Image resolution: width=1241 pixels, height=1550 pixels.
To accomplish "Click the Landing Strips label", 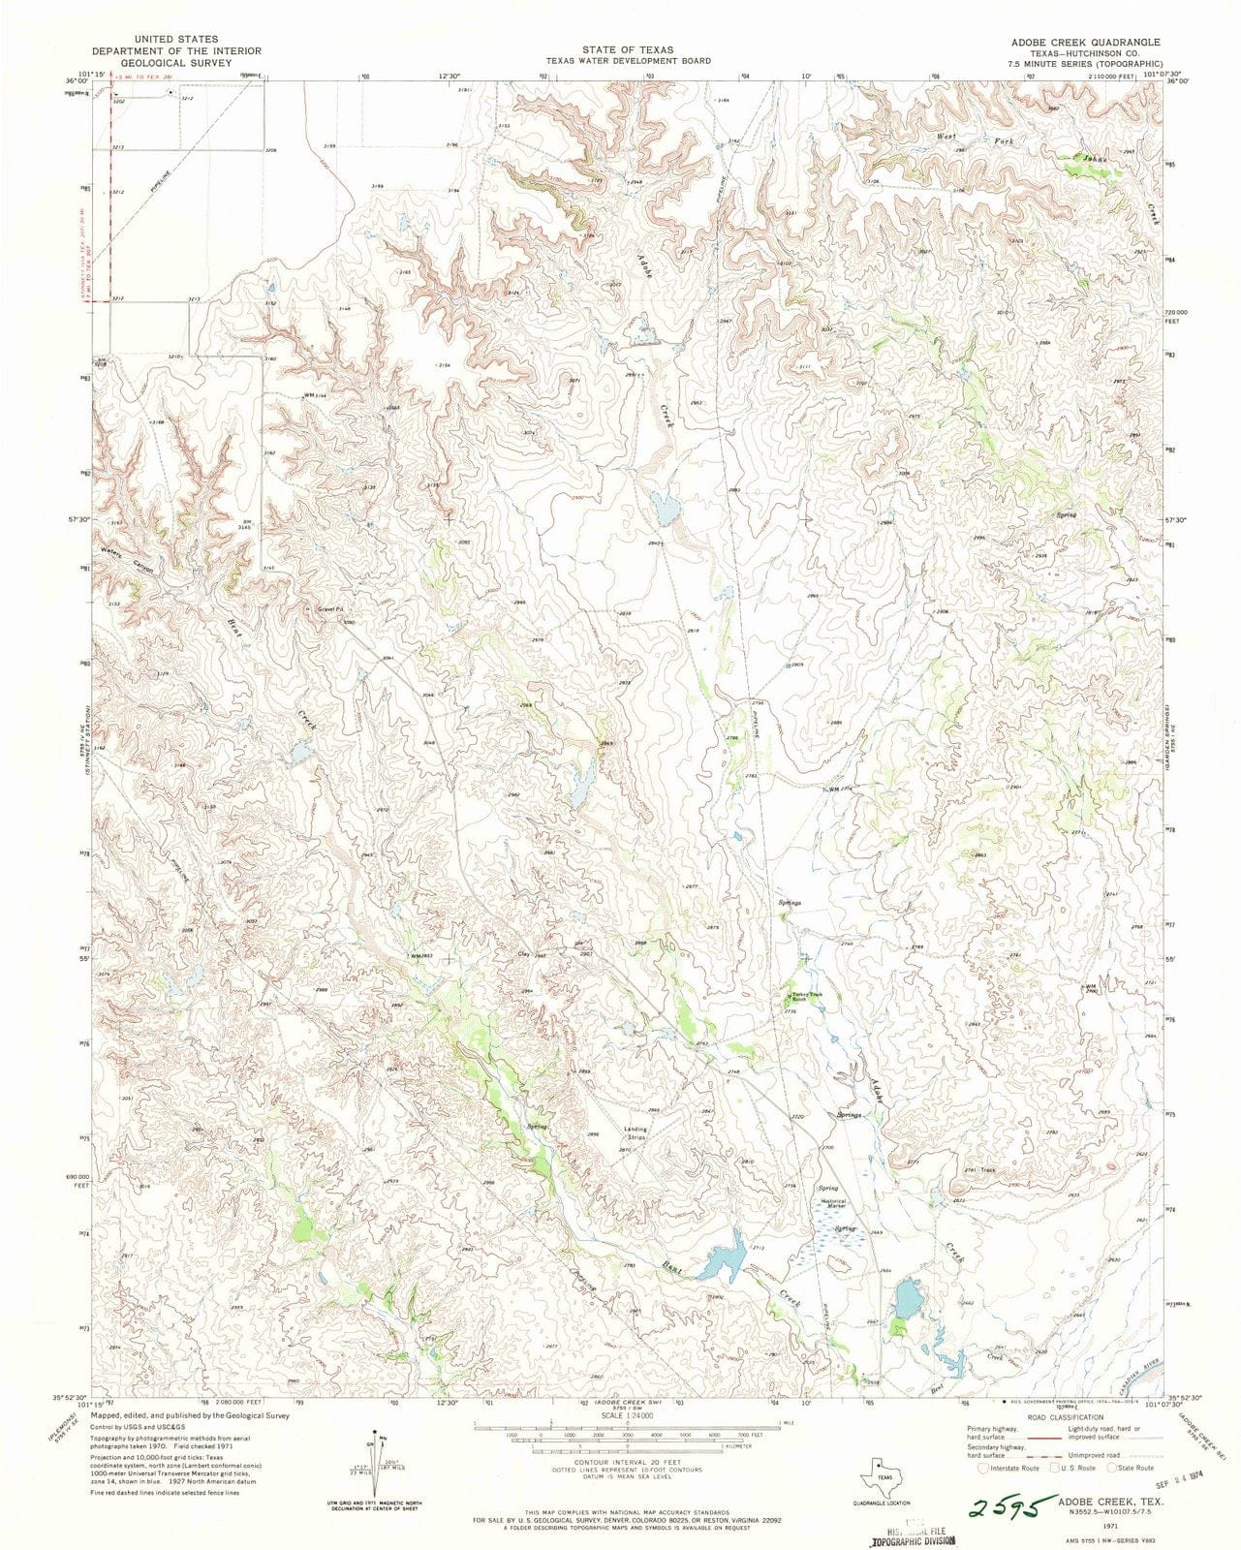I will (636, 1132).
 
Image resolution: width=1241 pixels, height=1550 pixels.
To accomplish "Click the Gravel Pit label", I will (332, 609).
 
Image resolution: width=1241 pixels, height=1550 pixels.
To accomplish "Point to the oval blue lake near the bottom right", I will (908, 1297).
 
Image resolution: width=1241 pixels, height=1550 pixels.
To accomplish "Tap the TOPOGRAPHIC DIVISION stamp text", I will (912, 1539).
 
